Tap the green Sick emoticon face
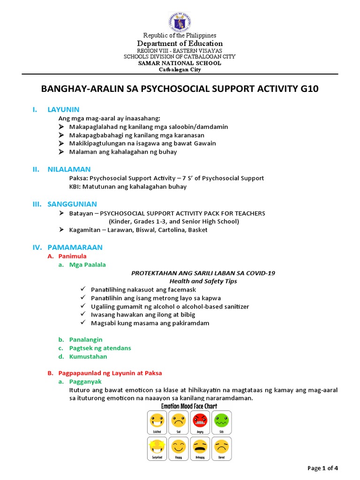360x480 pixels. coord(221,420)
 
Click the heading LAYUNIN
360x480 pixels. coord(63,110)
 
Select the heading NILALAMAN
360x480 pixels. coord(69,169)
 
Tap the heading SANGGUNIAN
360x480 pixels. coord(72,204)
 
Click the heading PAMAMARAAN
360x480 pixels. coord(75,247)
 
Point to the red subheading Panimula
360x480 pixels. coord(72,256)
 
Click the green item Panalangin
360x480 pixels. coord(86,339)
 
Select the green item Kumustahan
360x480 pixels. coord(89,356)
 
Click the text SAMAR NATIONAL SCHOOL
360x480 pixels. coord(180,63)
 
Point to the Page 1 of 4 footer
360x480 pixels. coord(322,468)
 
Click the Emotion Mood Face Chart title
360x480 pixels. coord(189,406)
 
